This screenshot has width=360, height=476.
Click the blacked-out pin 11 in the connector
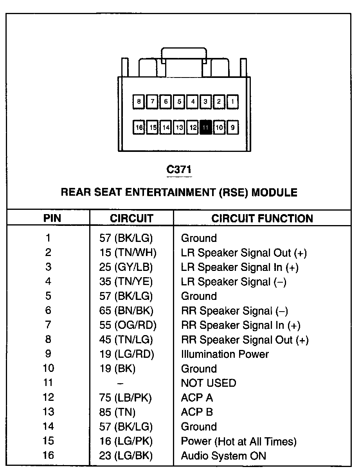coord(206,127)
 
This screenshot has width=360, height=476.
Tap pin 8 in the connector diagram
coord(139,102)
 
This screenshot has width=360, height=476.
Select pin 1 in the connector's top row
coord(232,102)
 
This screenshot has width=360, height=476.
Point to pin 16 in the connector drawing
coord(139,127)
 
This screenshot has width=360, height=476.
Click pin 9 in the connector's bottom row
coord(232,127)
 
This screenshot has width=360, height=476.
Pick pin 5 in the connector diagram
coord(179,102)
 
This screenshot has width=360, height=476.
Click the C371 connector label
coord(179,169)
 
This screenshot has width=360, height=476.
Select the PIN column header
coord(52,218)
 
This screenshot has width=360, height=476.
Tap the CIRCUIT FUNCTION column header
coord(262,218)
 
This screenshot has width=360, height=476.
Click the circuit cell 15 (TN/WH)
coord(128,253)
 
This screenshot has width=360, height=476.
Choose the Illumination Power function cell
coord(225,354)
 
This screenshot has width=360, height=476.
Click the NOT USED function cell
coord(209,383)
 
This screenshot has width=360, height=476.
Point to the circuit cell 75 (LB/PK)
coord(126,398)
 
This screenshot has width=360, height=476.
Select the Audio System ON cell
coord(223,456)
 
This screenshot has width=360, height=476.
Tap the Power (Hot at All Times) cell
coord(239,442)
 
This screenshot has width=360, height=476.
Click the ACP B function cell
coord(197,412)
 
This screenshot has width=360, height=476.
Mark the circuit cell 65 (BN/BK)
coord(126,311)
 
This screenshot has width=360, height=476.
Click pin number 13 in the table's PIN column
coord(48,412)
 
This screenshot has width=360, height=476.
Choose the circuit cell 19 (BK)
coord(117,369)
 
